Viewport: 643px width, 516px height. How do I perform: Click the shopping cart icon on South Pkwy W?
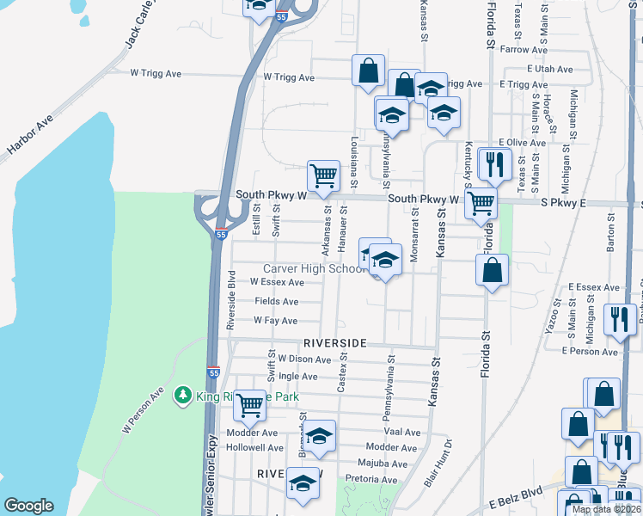pyautogui.click(x=323, y=175)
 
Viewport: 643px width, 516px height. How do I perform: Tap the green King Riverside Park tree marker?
pyautogui.click(x=182, y=396)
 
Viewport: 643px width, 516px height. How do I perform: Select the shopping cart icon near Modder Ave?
pyautogui.click(x=249, y=404)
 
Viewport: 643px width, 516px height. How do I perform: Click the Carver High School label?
pyautogui.click(x=315, y=269)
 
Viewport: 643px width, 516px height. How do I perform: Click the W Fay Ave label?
pyautogui.click(x=275, y=320)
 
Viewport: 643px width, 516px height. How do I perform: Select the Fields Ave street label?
pyautogui.click(x=276, y=301)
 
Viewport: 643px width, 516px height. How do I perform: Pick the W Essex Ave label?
pyautogui.click(x=277, y=282)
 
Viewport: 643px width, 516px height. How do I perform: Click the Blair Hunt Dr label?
pyautogui.click(x=438, y=465)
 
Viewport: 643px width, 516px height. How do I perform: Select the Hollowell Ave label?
pyautogui.click(x=254, y=448)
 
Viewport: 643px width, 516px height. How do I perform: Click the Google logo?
pyautogui.click(x=29, y=506)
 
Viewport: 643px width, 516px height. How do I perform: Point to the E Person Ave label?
pyautogui.click(x=590, y=352)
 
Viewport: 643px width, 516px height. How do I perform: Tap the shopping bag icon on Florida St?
pyautogui.click(x=490, y=270)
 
